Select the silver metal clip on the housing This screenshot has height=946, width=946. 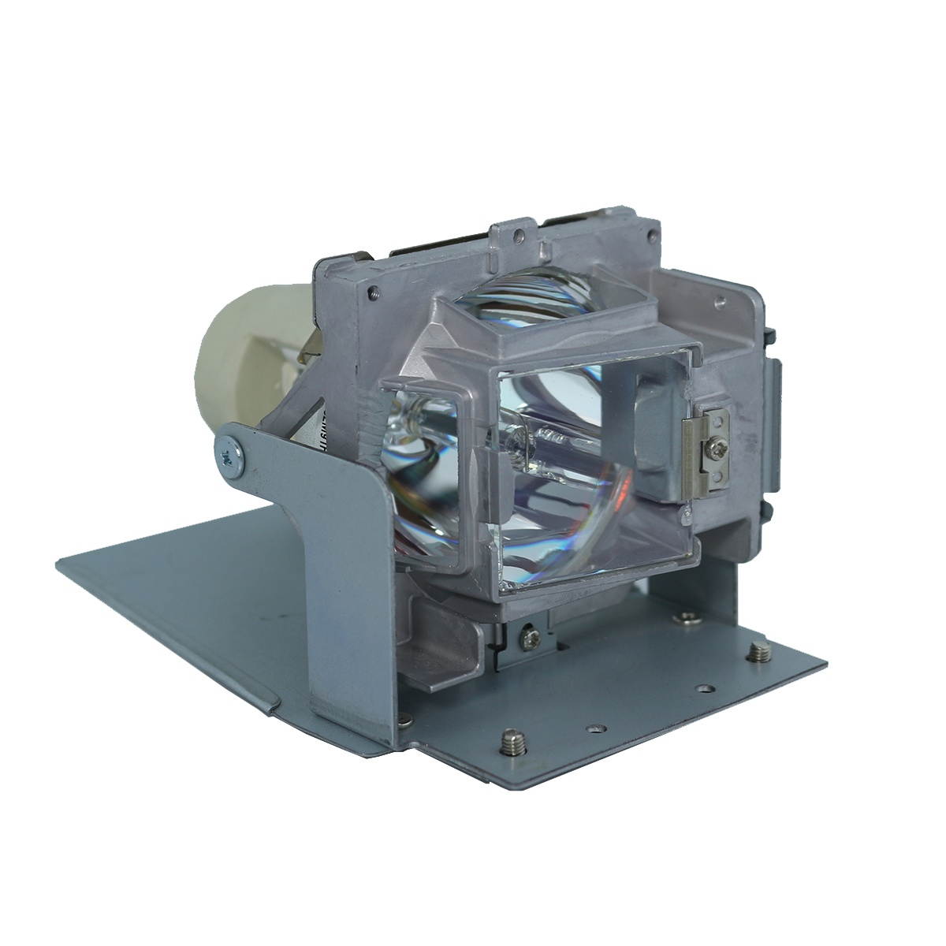(x=709, y=453)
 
